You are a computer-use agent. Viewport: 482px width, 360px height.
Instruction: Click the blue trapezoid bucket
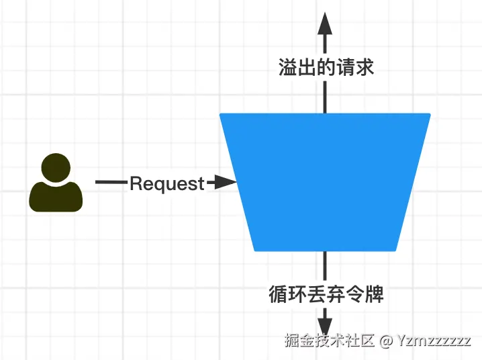(x=325, y=181)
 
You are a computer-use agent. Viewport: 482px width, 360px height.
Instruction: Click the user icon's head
(x=56, y=168)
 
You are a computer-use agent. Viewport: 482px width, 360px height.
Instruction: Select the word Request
(x=166, y=183)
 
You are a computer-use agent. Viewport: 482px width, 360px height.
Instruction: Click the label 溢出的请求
(x=326, y=67)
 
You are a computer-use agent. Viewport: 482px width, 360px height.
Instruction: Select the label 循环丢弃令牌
(x=326, y=294)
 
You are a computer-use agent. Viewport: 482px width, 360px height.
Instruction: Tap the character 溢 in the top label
(x=287, y=67)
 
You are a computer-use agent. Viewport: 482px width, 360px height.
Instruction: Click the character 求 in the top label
(x=365, y=67)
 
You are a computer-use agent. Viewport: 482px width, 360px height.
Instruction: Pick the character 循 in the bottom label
(x=277, y=294)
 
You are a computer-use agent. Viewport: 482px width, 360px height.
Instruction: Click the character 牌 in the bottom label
(x=374, y=294)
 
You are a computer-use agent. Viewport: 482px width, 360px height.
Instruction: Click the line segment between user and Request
(x=111, y=182)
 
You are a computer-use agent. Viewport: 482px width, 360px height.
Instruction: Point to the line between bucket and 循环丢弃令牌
(x=326, y=265)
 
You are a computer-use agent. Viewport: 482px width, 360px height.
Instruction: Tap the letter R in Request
(x=135, y=183)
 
